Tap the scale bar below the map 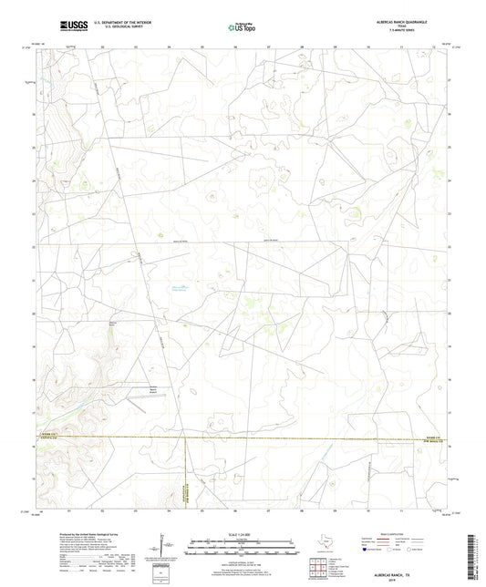242,550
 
